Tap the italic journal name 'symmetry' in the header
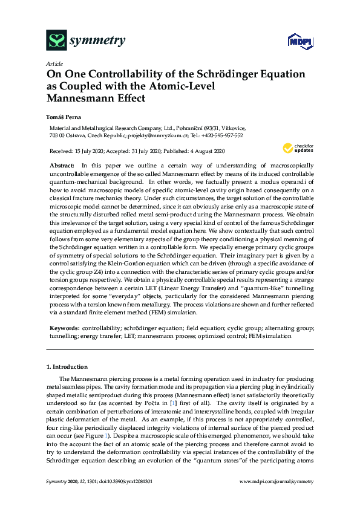click(x=98, y=41)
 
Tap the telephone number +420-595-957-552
click(x=220, y=136)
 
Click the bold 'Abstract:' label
click(x=61, y=165)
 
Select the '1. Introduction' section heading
click(x=67, y=366)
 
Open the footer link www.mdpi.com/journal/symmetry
click(x=277, y=481)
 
